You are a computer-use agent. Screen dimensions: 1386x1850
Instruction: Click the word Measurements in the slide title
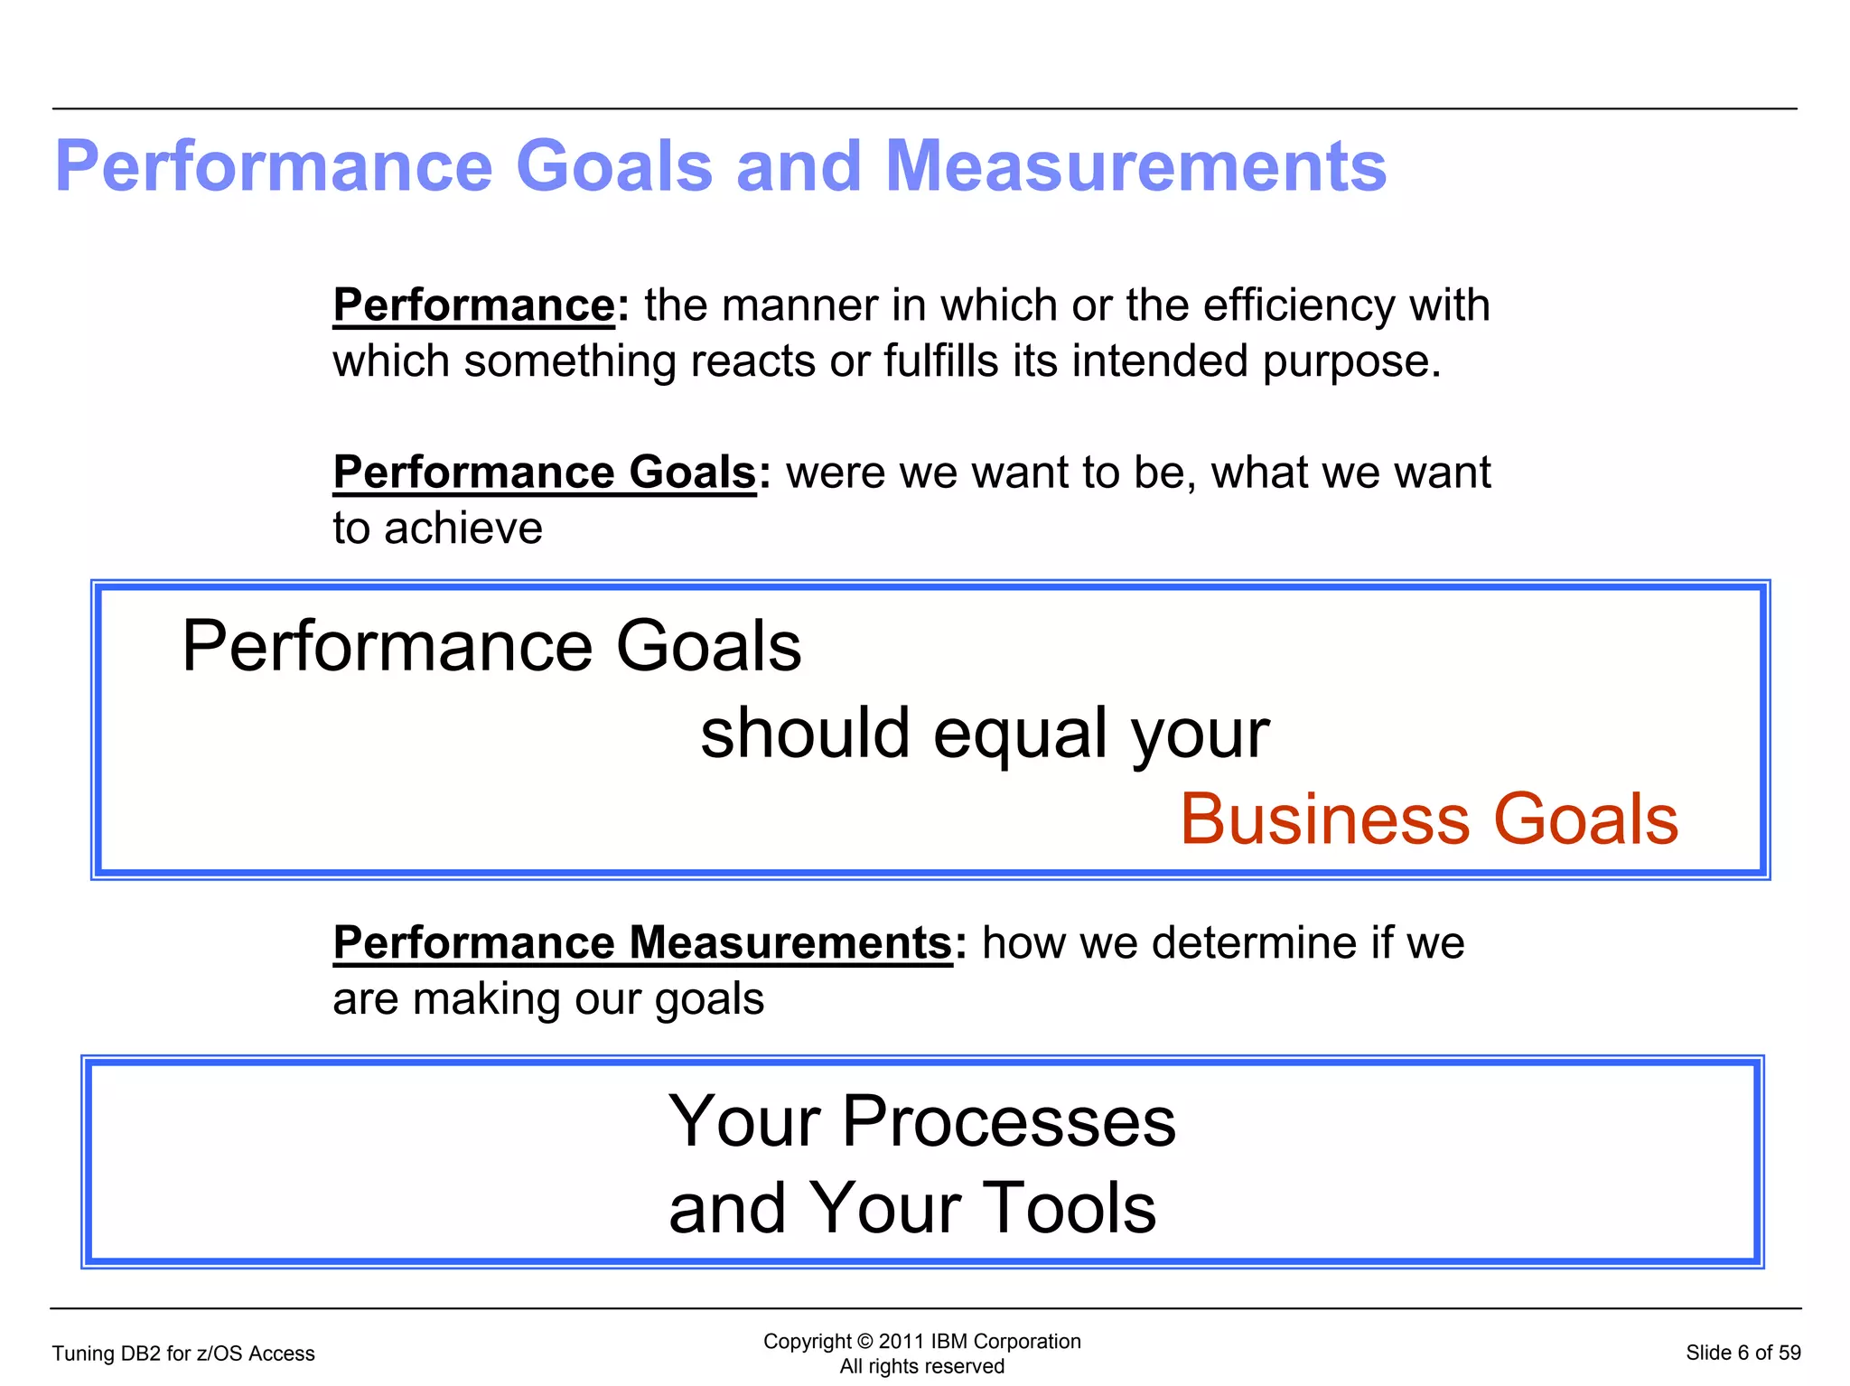tap(1135, 166)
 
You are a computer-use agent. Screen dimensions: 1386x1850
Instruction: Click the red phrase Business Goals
tap(1429, 819)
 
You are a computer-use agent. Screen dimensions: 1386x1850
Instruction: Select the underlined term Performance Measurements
tap(642, 943)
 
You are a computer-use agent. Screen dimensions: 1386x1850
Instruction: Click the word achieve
tap(463, 529)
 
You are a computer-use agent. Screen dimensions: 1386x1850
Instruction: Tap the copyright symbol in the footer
tap(865, 1342)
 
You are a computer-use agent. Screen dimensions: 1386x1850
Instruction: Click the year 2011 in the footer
tap(901, 1342)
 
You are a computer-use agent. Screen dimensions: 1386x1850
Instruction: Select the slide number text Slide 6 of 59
tap(1743, 1353)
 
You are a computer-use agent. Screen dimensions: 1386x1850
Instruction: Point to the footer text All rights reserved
tap(921, 1366)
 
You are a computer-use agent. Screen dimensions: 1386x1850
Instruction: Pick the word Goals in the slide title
tap(614, 166)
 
